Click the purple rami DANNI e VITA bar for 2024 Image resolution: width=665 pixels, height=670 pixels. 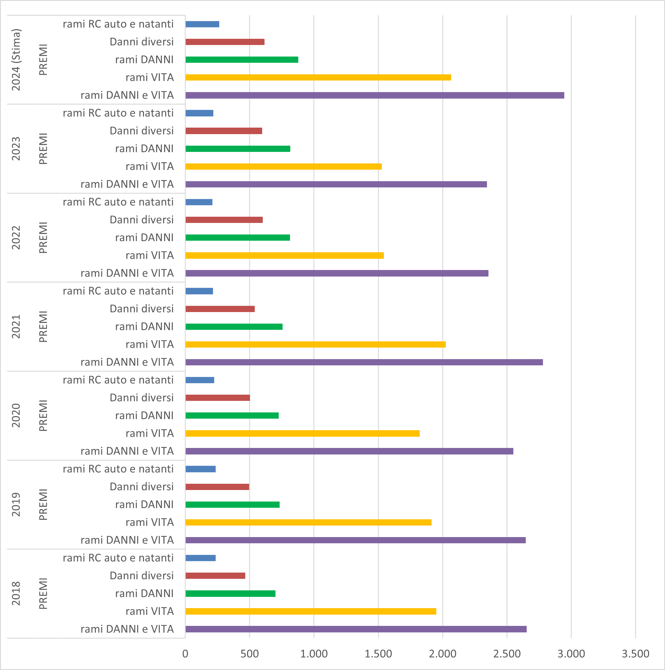[x=375, y=95]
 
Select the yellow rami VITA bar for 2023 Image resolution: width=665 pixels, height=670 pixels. [x=283, y=166]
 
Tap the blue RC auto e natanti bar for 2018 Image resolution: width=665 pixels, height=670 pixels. [x=201, y=558]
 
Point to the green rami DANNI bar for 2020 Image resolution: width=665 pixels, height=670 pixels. [x=232, y=415]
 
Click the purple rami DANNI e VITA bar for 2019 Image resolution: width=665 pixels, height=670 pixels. [x=355, y=540]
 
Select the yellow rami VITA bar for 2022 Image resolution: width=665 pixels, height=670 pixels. [x=284, y=256]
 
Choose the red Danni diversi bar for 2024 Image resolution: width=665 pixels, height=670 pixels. [x=225, y=42]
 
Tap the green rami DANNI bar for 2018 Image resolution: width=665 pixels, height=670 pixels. [x=230, y=594]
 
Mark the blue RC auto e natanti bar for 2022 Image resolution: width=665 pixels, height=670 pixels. [x=199, y=202]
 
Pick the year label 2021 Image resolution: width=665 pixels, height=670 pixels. [x=16, y=327]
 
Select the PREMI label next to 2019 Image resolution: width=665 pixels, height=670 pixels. [x=43, y=504]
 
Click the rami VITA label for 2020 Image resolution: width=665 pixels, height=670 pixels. [x=150, y=433]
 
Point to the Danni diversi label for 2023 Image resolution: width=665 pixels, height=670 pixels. [x=142, y=131]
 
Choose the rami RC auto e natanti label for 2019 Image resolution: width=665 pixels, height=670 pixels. [x=118, y=469]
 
